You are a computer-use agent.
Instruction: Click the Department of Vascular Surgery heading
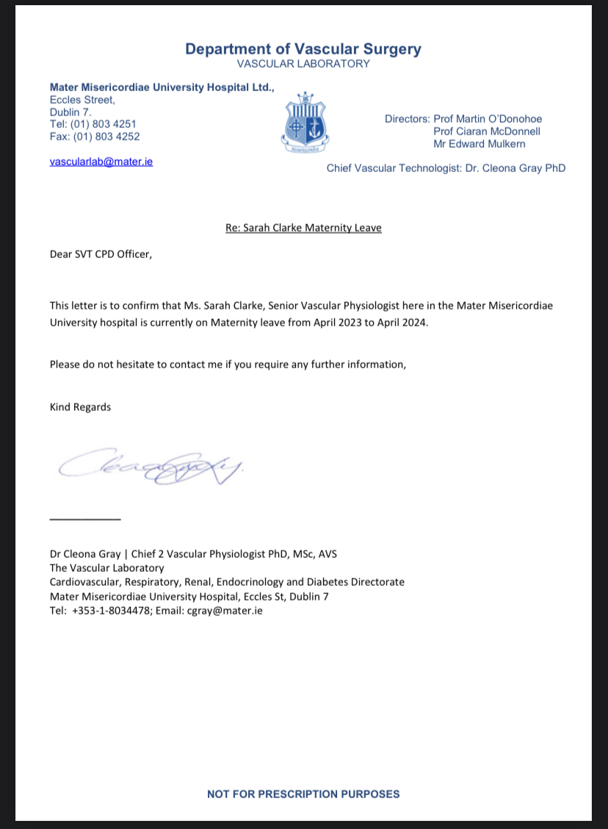coord(303,49)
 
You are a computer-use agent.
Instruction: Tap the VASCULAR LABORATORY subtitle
coord(303,64)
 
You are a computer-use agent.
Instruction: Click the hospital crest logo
coord(305,122)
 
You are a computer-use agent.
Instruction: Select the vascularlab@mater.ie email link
coord(101,161)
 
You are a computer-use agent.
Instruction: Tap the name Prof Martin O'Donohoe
coord(488,119)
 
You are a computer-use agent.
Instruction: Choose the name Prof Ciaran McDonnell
coord(487,132)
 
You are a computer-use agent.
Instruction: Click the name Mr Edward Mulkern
coord(479,143)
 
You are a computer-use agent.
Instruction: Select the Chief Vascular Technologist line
coord(446,168)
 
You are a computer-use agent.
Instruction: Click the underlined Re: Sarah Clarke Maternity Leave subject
coord(303,228)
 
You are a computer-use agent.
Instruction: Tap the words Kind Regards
coord(80,406)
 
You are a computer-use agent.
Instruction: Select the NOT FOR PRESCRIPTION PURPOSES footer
coord(303,794)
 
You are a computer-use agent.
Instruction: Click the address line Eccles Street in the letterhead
coord(82,100)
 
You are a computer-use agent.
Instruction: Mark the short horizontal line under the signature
coord(84,520)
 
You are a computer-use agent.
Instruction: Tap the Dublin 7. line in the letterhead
coord(70,112)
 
